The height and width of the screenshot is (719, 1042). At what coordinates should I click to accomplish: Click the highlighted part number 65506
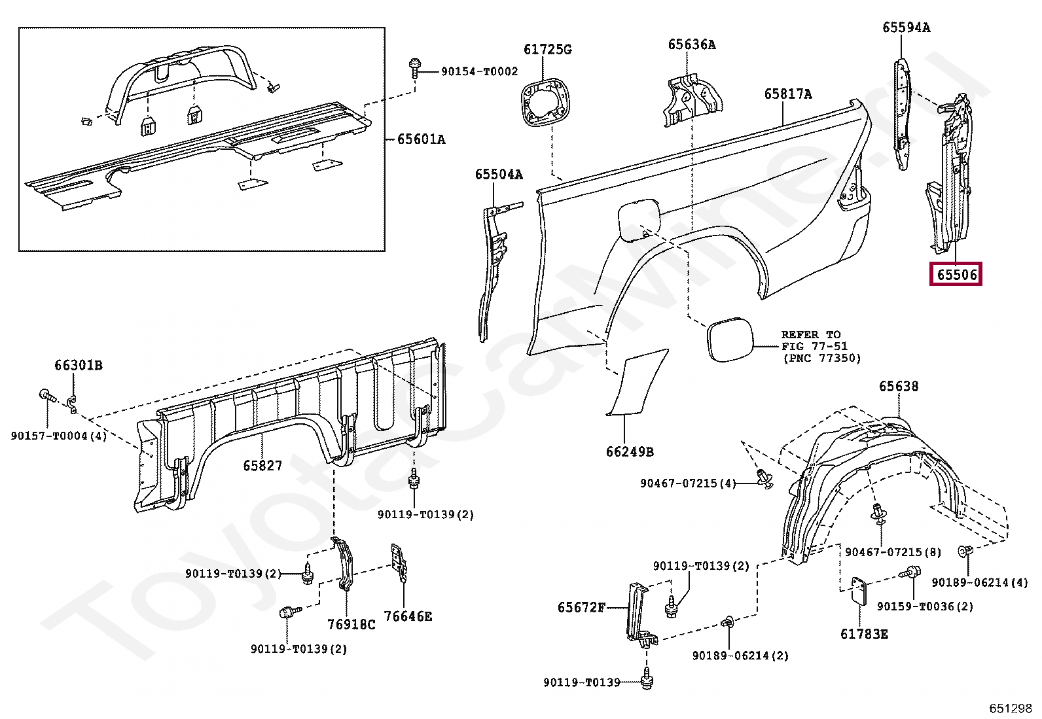tap(956, 275)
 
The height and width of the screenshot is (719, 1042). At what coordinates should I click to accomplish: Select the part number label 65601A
tap(421, 139)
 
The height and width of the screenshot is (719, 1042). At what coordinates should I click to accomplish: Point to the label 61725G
tap(547, 50)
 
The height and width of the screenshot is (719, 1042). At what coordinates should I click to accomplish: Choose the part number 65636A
tap(691, 44)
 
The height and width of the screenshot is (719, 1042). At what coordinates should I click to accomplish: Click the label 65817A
tap(787, 94)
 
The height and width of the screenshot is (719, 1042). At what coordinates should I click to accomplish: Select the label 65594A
tap(906, 27)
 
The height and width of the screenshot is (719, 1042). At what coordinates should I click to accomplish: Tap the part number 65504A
tap(499, 174)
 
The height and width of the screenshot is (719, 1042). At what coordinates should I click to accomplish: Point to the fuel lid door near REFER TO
tap(728, 340)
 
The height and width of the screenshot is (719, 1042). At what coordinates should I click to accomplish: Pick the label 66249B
tap(629, 452)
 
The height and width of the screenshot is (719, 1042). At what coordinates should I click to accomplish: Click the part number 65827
tap(262, 466)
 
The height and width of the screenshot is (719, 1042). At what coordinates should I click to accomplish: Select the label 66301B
tap(78, 365)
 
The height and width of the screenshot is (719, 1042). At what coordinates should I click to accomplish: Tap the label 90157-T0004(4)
tap(58, 436)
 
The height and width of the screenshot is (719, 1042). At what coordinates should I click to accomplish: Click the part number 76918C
tap(351, 624)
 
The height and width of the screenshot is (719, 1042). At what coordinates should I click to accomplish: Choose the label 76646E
tap(408, 616)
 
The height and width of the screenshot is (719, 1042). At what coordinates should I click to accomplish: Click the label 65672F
tap(581, 608)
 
